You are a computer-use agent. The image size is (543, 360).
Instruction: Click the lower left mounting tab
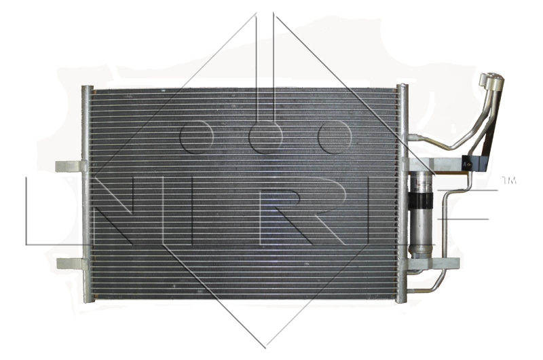pos(71,264)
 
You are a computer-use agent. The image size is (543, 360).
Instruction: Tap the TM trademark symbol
pos(509,180)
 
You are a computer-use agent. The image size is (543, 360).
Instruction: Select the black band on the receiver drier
pos(419,200)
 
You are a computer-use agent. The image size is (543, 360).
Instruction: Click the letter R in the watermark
pos(302,211)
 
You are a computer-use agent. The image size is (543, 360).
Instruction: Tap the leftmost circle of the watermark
pos(196,137)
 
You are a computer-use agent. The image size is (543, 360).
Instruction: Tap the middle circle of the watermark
pos(265,137)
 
